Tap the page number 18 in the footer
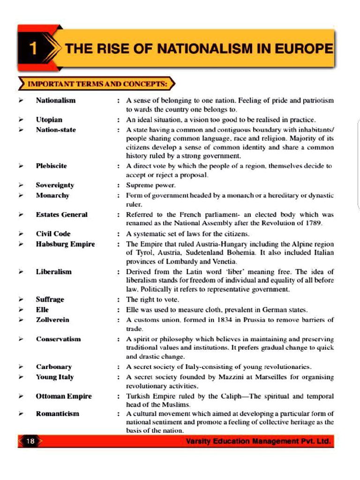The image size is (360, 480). click(30, 441)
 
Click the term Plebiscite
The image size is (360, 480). click(51, 166)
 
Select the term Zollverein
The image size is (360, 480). click(52, 320)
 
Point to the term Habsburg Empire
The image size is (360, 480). click(65, 244)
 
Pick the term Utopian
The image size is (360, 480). click(49, 120)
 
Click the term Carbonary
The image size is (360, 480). click(54, 367)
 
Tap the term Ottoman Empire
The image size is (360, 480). click(64, 396)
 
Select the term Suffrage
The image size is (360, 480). click(50, 299)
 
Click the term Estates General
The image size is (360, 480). click(61, 215)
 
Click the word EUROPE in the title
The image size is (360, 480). click(306, 49)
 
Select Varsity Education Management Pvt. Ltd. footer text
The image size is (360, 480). click(258, 441)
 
